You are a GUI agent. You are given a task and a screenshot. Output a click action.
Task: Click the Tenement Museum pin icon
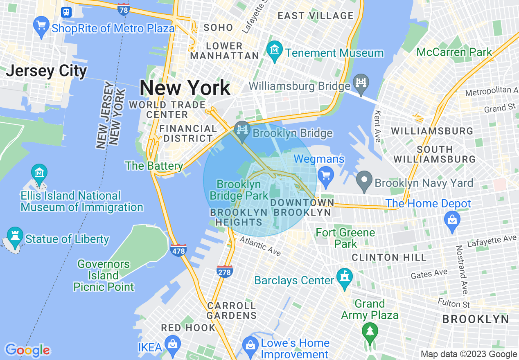[274, 50]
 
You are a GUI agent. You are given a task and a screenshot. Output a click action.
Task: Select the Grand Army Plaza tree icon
[370, 330]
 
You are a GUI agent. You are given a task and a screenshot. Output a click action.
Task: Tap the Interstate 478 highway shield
[178, 249]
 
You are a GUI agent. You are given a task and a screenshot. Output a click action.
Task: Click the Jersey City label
[46, 71]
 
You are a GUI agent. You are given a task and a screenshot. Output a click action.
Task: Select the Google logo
[27, 350]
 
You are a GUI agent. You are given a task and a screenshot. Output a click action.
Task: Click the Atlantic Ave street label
[260, 245]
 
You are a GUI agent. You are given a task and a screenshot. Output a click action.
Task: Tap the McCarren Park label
[454, 52]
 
